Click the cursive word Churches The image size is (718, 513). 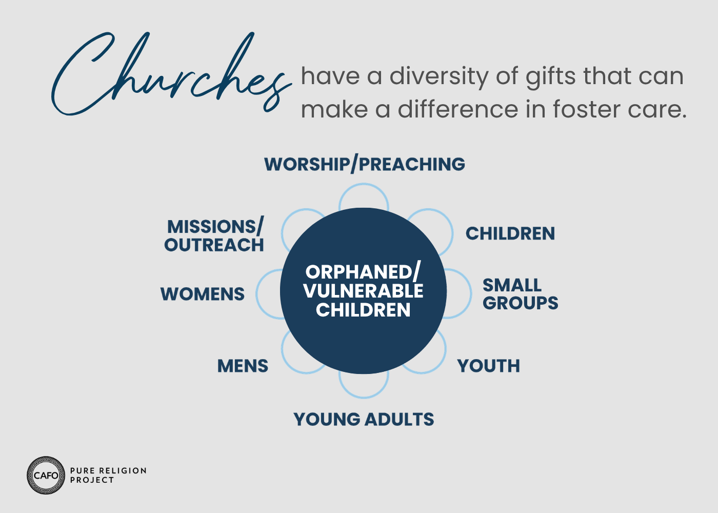point(171,74)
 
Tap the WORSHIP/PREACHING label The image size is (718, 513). point(365,165)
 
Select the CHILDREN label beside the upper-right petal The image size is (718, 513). point(510,233)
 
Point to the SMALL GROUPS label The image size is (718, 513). point(520,294)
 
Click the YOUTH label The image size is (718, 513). point(488,366)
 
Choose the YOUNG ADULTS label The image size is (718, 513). point(364,420)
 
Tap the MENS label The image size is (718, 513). point(243,366)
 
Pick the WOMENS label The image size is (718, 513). point(202,294)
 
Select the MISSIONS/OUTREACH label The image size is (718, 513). point(214,235)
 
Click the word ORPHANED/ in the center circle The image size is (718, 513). point(363,272)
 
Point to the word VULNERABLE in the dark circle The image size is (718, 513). point(363,291)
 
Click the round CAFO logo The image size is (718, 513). point(46,475)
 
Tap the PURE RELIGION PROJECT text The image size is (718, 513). point(108,475)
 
